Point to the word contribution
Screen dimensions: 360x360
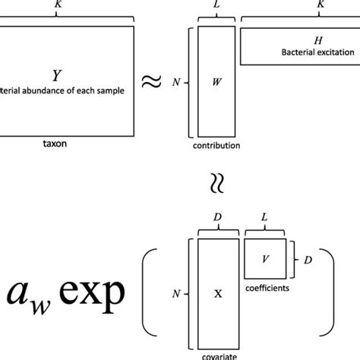[217, 144]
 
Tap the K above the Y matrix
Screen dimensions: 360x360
[56, 4]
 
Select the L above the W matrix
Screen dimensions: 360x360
[217, 4]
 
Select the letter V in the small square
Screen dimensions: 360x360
[265, 257]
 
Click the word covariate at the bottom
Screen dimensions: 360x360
[218, 354]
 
